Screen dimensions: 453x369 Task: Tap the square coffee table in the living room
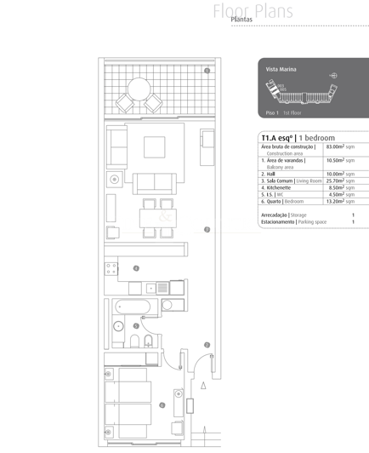(154, 146)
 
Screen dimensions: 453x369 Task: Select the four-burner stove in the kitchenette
(111, 267)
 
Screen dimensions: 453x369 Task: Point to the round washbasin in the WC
(119, 325)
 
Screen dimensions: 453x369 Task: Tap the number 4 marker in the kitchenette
(136, 268)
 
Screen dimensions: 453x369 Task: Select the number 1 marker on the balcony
(207, 71)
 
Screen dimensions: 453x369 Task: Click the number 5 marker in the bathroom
(137, 325)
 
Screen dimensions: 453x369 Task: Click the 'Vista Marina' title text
(280, 67)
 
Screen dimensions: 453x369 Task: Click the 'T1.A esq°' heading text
(277, 137)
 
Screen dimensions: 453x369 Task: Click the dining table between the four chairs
(157, 217)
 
